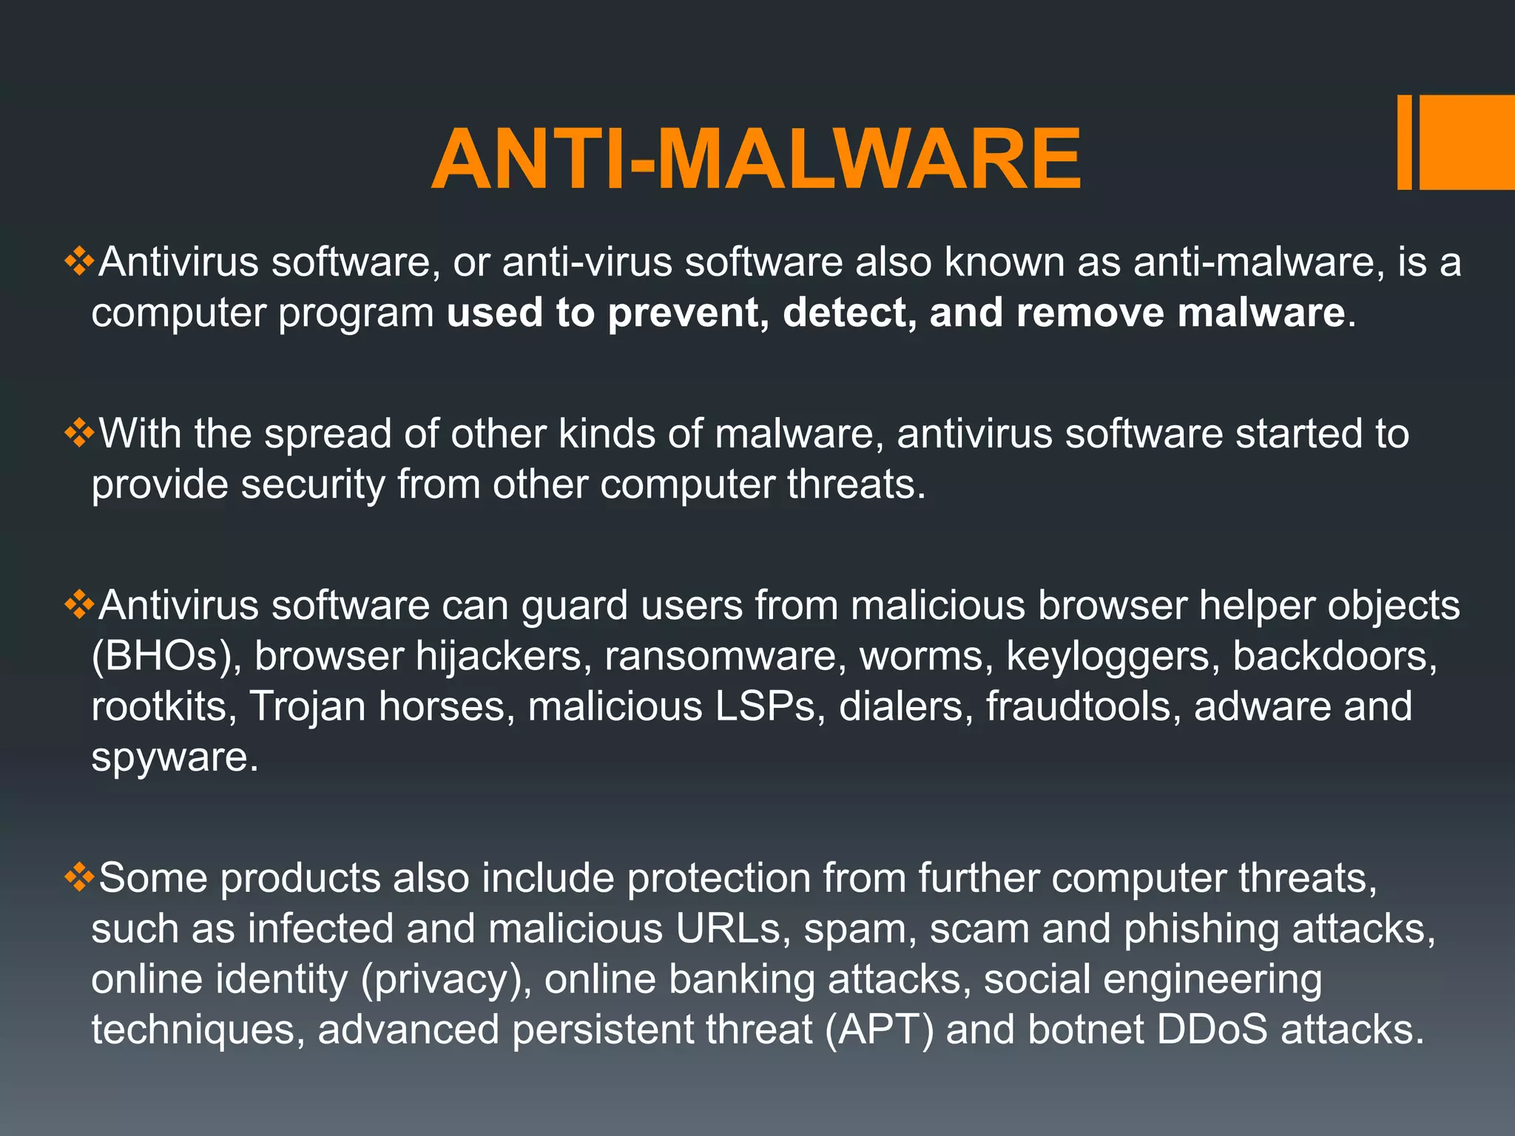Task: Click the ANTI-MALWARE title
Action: pos(756,159)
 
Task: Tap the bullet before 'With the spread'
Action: pos(78,433)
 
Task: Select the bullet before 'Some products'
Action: pos(78,877)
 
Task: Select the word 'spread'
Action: pos(328,435)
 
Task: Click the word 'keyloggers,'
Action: pos(1113,657)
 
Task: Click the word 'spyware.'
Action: pos(175,757)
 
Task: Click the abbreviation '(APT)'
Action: pos(880,1030)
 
